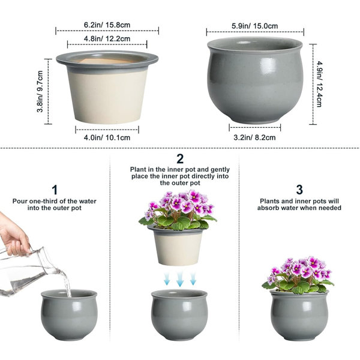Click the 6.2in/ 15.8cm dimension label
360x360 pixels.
[x=107, y=25]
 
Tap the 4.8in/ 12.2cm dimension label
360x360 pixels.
[x=107, y=38]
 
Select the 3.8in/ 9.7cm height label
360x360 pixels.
[x=40, y=91]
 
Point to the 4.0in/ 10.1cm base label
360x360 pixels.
[x=107, y=137]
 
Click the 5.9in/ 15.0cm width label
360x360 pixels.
[x=254, y=26]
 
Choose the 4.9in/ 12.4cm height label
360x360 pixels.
[x=319, y=84]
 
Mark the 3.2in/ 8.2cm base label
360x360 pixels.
[x=254, y=137]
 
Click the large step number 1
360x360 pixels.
[x=55, y=190]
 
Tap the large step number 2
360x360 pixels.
[x=180, y=158]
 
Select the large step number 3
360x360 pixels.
[x=299, y=190]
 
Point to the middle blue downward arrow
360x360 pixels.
[x=180, y=278]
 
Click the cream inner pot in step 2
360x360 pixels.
[x=177, y=245]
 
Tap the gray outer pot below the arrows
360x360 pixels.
[x=179, y=315]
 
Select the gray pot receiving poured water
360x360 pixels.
[x=69, y=315]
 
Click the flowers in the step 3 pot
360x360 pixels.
[x=298, y=275]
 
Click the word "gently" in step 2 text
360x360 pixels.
[x=220, y=170]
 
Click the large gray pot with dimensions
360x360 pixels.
[x=255, y=81]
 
